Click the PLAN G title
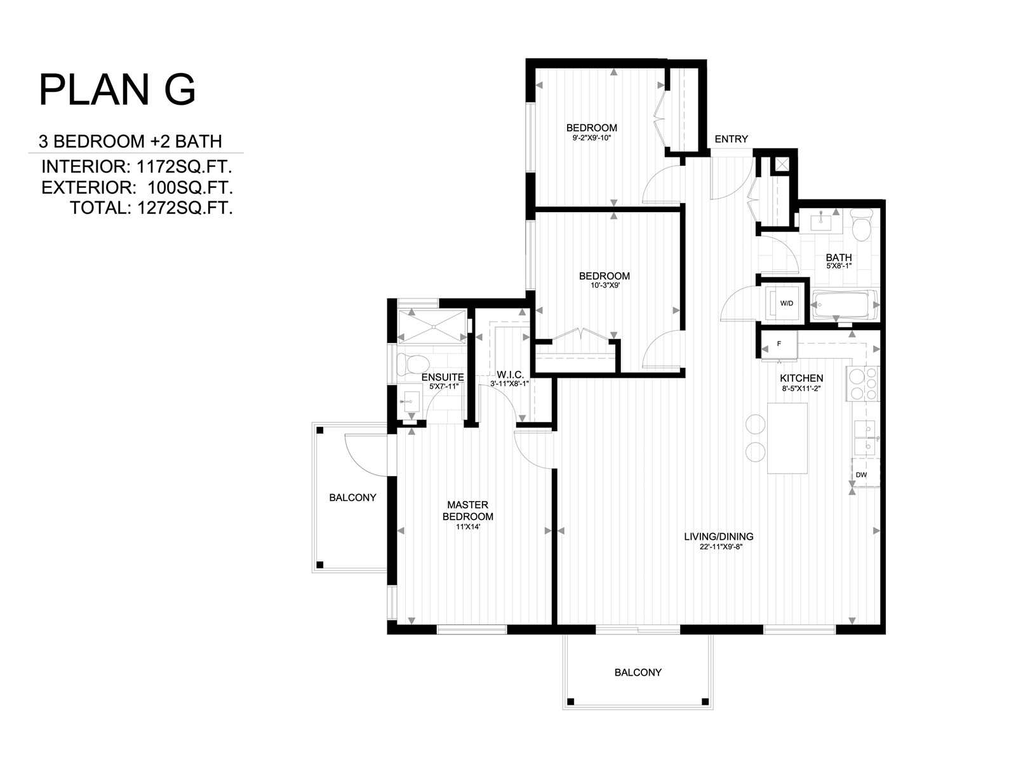click(x=117, y=90)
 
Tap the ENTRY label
click(x=731, y=139)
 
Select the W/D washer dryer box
click(x=786, y=303)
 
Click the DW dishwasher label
click(x=861, y=475)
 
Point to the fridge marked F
click(x=780, y=345)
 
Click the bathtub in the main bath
click(x=845, y=304)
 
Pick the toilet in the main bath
click(x=862, y=225)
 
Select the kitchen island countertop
click(x=787, y=438)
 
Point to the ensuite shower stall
click(x=432, y=326)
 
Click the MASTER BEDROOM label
click(x=467, y=511)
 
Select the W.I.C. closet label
click(x=510, y=374)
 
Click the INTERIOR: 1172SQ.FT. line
click(x=137, y=166)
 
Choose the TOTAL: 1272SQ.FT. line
click(x=151, y=208)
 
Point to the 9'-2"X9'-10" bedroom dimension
click(x=592, y=138)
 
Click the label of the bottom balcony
click(x=638, y=672)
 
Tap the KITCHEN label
click(x=802, y=378)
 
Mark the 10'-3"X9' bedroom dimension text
click(x=604, y=286)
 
